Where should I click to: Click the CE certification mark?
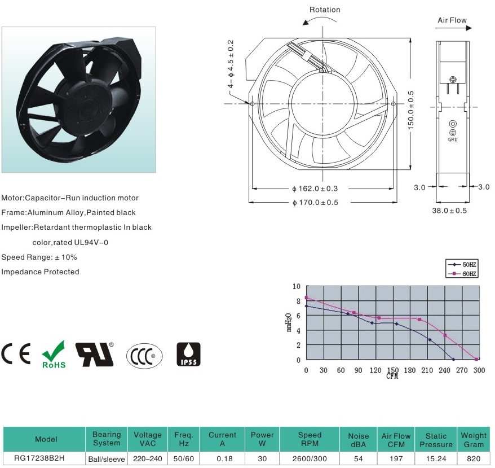coord(16,353)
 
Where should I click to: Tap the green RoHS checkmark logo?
coord(54,354)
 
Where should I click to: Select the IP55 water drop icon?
coord(188,354)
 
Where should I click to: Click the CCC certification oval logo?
coord(144,356)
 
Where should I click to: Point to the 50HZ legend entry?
coord(462,264)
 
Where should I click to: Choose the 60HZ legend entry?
coord(462,274)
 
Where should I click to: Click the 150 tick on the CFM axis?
coord(393,370)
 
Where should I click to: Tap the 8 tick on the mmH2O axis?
coord(298,301)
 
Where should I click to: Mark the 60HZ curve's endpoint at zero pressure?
coord(476,359)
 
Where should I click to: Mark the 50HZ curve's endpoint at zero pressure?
coord(453,360)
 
